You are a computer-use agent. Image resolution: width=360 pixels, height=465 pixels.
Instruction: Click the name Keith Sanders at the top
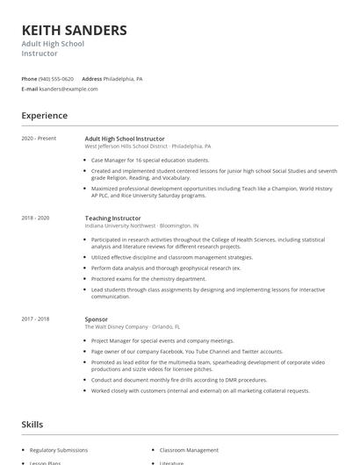[74, 31]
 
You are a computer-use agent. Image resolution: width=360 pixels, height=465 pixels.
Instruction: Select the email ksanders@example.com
[68, 89]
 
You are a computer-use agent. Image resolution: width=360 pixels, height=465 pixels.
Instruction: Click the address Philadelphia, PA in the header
[123, 79]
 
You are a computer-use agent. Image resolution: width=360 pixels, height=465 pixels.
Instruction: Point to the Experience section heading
[44, 116]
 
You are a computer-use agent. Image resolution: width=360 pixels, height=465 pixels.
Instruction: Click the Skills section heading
[32, 425]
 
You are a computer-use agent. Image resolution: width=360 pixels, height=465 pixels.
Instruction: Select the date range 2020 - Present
[39, 139]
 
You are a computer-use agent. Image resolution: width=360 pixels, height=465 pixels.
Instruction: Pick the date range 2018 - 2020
[35, 218]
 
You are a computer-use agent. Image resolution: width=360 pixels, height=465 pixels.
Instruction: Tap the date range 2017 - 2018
[35, 318]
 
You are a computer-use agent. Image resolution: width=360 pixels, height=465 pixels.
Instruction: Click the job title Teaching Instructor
[112, 218]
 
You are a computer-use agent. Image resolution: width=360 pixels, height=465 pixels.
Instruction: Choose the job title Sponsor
[97, 318]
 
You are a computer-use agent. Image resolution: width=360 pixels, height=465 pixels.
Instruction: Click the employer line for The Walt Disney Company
[132, 326]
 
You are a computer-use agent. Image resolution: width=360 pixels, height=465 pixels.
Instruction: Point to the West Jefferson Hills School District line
[148, 147]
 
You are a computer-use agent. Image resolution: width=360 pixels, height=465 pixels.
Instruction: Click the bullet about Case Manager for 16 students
[150, 161]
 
